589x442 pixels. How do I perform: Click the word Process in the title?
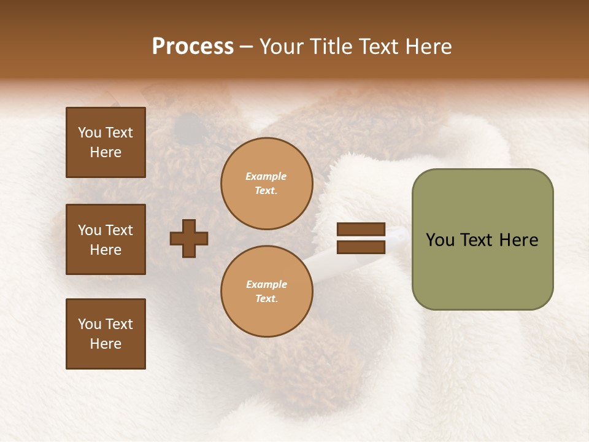click(x=193, y=47)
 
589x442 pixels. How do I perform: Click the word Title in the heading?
click(x=328, y=47)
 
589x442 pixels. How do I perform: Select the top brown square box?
click(x=106, y=142)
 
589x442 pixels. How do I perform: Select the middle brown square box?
click(x=106, y=239)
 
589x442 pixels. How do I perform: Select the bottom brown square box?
click(x=106, y=334)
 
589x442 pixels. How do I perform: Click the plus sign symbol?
click(x=189, y=238)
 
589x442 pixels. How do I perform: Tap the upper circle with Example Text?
click(x=267, y=184)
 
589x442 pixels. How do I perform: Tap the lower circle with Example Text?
click(x=267, y=292)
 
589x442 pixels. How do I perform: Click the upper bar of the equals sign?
click(x=361, y=230)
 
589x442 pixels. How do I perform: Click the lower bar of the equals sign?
click(x=361, y=247)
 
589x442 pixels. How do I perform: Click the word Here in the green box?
click(x=518, y=240)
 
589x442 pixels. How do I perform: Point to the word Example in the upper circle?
click(x=266, y=177)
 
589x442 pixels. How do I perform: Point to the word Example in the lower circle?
click(x=266, y=285)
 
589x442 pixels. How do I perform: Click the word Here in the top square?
click(x=106, y=152)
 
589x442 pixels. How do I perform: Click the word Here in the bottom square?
click(x=106, y=344)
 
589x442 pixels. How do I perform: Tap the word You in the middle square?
click(x=90, y=230)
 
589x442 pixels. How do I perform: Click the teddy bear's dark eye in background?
click(x=188, y=128)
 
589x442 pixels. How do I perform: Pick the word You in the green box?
click(x=440, y=240)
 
